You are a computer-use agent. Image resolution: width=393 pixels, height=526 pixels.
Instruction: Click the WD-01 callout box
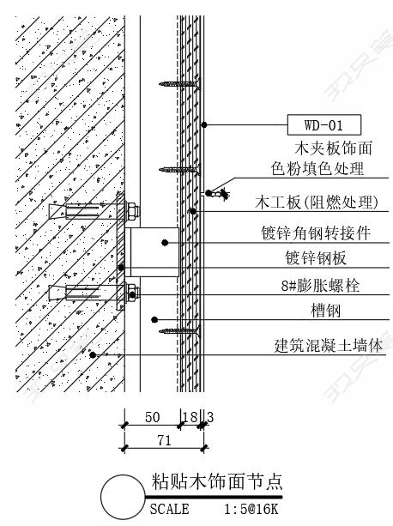point(323,124)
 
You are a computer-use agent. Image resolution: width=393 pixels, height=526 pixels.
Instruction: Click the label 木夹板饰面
point(334,148)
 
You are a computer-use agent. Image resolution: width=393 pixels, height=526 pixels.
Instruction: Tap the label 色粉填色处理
point(317,168)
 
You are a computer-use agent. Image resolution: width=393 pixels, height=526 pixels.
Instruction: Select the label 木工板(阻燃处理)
point(317,203)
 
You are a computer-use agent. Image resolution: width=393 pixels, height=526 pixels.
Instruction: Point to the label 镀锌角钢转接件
point(316,233)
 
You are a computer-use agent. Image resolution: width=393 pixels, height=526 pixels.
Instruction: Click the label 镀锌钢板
point(316,258)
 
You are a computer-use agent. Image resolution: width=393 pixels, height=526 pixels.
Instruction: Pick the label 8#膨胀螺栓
point(320,286)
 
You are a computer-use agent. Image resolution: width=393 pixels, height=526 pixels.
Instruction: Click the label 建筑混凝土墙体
point(329,346)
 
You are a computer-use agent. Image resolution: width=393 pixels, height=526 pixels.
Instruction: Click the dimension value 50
point(152,417)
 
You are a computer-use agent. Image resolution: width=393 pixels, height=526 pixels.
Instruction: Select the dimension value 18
point(190,417)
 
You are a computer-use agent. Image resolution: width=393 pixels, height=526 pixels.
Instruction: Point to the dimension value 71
point(164,440)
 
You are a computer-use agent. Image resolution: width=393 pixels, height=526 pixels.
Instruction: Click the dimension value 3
point(210,417)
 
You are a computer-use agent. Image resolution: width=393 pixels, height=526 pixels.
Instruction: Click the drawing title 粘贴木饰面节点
point(216,481)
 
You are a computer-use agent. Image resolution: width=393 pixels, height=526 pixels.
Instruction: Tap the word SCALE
point(169,509)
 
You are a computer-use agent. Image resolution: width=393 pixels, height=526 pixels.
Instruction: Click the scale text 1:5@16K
point(251,509)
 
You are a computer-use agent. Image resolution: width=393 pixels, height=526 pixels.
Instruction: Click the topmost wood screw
point(179,83)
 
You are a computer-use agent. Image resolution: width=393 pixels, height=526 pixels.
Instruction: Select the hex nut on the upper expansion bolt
point(133,211)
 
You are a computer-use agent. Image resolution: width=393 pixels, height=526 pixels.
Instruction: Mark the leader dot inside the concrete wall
point(93,354)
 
